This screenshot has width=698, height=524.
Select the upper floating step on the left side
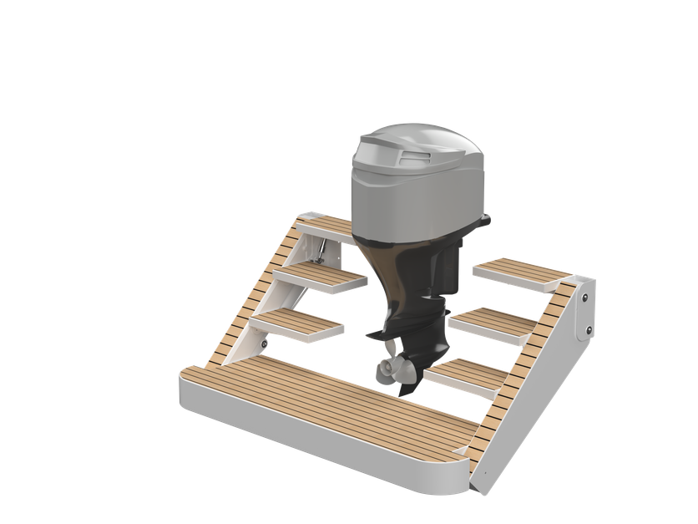point(321,277)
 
